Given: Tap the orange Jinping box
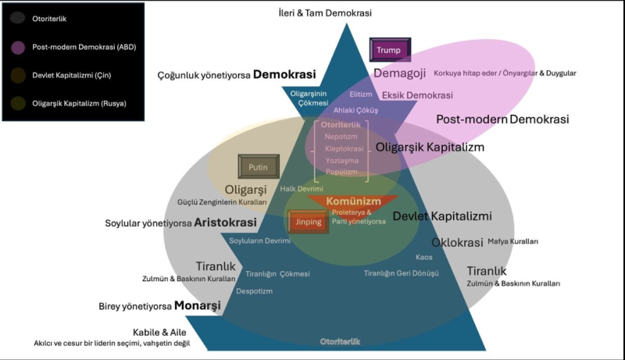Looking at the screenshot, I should pyautogui.click(x=308, y=222).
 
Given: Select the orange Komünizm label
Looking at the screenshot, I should pyautogui.click(x=353, y=201).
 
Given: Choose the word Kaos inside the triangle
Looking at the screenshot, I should pyautogui.click(x=424, y=257).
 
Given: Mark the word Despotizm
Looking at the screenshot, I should pyautogui.click(x=254, y=290).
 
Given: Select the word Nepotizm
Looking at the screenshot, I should pyautogui.click(x=341, y=135).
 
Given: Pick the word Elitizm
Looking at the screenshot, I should pyautogui.click(x=360, y=94).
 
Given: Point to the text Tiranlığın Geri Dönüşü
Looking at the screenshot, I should pyautogui.click(x=401, y=273).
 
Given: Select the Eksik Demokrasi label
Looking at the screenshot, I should pyautogui.click(x=417, y=95).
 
